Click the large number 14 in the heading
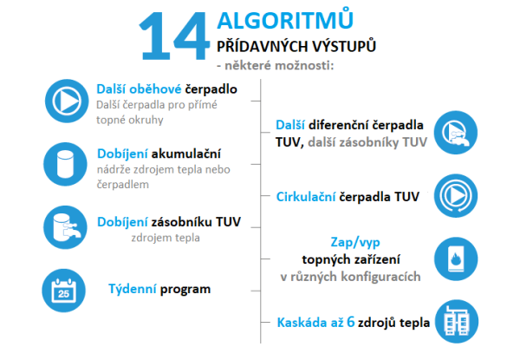[174, 36]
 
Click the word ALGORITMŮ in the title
[285, 20]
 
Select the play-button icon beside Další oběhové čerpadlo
[67, 101]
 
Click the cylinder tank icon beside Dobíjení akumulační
[65, 164]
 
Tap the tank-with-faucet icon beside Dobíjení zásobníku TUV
[65, 227]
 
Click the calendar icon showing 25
[63, 291]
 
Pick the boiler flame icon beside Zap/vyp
[456, 259]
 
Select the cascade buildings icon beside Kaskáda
[457, 322]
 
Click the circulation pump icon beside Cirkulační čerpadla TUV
[456, 196]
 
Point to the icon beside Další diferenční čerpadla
[456, 133]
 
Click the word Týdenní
[133, 290]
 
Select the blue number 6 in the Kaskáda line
[350, 322]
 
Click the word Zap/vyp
[355, 243]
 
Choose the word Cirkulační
[306, 197]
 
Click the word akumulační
[186, 154]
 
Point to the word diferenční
[338, 125]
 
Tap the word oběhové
[155, 89]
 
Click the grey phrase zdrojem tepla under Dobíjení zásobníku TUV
[166, 238]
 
